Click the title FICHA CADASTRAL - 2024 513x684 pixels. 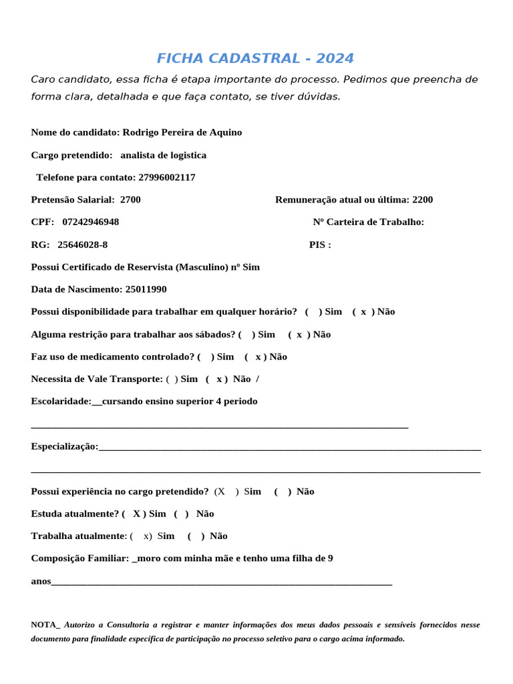click(x=255, y=58)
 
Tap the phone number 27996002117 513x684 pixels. click(x=167, y=177)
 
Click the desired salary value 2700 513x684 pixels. click(x=130, y=200)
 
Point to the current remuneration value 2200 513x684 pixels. click(x=422, y=200)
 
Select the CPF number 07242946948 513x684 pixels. click(x=91, y=222)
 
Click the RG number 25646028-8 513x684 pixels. click(x=82, y=244)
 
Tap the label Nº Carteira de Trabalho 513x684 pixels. click(x=368, y=222)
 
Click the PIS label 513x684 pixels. click(x=320, y=244)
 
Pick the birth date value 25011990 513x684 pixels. click(x=146, y=289)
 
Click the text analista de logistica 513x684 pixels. click(x=164, y=155)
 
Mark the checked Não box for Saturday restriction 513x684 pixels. click(x=299, y=334)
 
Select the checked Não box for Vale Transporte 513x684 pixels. click(x=218, y=379)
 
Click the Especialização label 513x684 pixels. click(x=65, y=446)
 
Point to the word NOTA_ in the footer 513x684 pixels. click(x=45, y=625)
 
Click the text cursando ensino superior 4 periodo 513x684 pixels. click(x=180, y=401)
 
